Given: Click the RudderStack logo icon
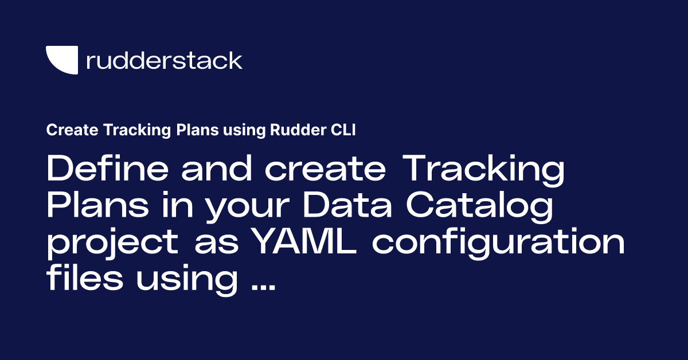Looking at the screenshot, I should coord(62,61).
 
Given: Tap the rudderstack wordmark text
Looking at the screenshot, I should coord(164,60).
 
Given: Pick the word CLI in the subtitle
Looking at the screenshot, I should coord(343,131).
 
